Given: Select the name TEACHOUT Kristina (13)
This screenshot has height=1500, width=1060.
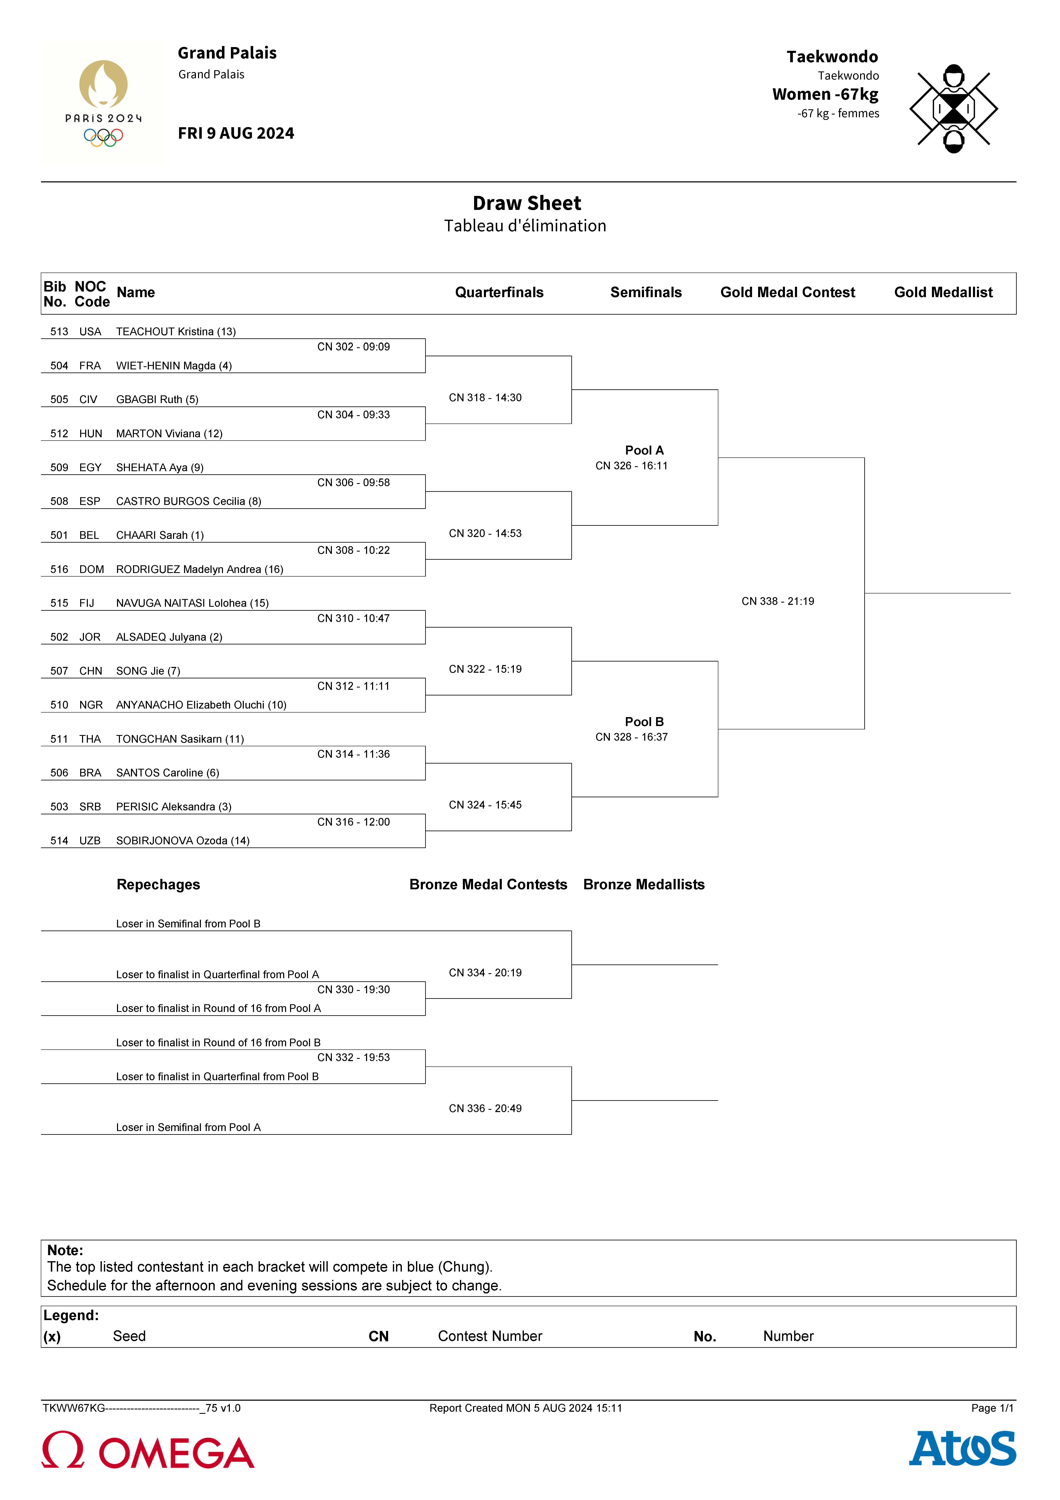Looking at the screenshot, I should tap(176, 331).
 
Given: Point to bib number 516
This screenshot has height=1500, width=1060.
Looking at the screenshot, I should tap(59, 569).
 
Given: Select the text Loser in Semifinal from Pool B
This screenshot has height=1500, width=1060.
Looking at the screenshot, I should tap(188, 923).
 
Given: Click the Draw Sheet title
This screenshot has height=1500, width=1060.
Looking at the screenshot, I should tap(526, 203).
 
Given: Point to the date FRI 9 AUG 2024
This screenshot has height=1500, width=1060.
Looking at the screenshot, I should tap(236, 133).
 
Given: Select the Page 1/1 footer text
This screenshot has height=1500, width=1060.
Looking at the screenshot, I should tap(991, 1408).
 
